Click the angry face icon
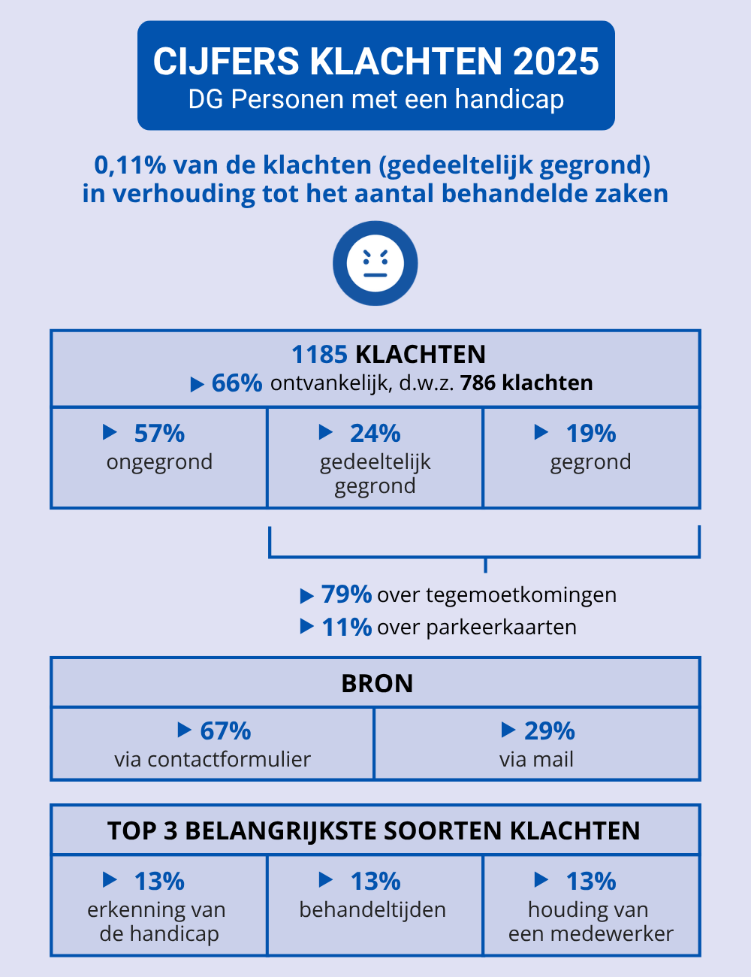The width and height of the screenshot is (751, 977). [x=375, y=264]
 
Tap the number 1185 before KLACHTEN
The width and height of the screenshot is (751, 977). [x=319, y=354]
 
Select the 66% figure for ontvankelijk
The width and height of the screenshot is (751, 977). [x=237, y=383]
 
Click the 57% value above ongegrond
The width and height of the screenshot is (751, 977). [x=159, y=434]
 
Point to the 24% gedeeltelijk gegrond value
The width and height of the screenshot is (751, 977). [x=375, y=434]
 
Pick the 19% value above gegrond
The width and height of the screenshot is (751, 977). [x=591, y=434]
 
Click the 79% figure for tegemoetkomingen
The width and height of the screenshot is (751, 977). [x=346, y=594]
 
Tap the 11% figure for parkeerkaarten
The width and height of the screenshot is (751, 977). [x=346, y=627]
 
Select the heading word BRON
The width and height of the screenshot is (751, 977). [x=377, y=683]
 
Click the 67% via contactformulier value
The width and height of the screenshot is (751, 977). [x=225, y=730]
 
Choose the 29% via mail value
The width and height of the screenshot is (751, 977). [x=549, y=730]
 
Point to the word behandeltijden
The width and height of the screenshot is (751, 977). [x=372, y=909]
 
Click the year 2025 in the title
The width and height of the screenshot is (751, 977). [x=556, y=62]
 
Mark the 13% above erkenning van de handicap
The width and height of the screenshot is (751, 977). [x=159, y=881]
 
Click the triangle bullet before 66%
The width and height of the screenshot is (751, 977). [x=198, y=385]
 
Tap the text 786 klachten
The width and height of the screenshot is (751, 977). [x=526, y=383]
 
